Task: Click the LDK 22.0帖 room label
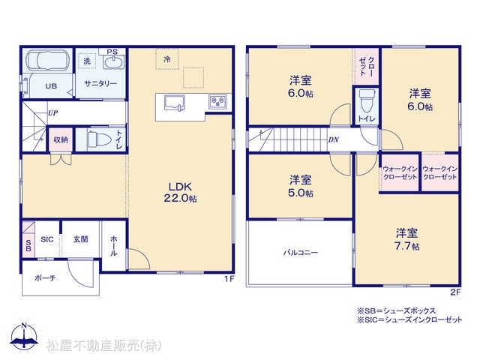[180, 192]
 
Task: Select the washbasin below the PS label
[113, 62]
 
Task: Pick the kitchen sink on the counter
[175, 103]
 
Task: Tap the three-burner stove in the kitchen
[218, 102]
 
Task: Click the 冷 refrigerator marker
[166, 59]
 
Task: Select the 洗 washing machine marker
[87, 61]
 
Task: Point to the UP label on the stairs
[52, 113]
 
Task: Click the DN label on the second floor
[333, 139]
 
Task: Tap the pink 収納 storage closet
[61, 139]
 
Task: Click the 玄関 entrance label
[80, 239]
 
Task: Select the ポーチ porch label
[45, 278]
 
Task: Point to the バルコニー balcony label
[300, 253]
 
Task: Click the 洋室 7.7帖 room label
[406, 239]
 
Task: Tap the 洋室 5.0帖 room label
[300, 186]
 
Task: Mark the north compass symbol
[24, 336]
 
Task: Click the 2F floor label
[455, 292]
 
